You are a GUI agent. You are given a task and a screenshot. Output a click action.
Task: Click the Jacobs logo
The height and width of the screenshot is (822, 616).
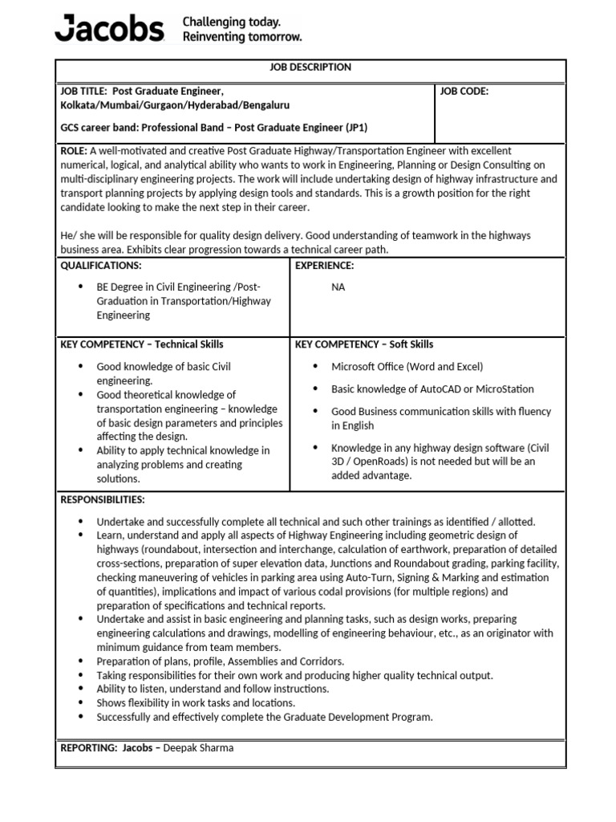pyautogui.click(x=108, y=29)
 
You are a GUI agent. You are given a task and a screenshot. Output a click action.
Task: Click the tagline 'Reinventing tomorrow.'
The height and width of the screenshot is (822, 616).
pyautogui.click(x=242, y=37)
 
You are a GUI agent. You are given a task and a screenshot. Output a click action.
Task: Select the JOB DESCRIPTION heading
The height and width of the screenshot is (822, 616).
pyautogui.click(x=310, y=67)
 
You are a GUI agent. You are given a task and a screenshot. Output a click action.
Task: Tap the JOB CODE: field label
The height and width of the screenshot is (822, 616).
pyautogui.click(x=464, y=92)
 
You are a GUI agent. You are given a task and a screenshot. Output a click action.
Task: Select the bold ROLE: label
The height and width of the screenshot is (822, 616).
pyautogui.click(x=75, y=151)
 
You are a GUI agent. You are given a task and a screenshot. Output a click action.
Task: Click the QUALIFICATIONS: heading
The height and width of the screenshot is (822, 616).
pyautogui.click(x=101, y=266)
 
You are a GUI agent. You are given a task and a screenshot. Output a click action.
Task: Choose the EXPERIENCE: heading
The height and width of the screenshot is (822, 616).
pyautogui.click(x=325, y=266)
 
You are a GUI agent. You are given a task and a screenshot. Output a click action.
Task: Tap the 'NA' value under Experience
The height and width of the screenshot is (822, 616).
pyautogui.click(x=338, y=287)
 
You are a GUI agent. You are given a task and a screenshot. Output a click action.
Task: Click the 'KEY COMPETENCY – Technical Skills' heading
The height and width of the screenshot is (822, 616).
pyautogui.click(x=142, y=344)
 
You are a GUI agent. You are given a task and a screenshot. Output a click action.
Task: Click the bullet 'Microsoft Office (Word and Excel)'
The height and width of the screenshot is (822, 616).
pyautogui.click(x=407, y=367)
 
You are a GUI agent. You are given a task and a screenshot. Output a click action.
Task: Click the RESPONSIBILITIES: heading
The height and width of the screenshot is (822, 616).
pyautogui.click(x=103, y=500)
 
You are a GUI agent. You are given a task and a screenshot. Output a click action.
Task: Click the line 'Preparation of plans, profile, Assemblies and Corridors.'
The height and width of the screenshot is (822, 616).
pyautogui.click(x=221, y=661)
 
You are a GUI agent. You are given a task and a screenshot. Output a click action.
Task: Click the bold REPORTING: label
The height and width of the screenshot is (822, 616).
pyautogui.click(x=89, y=748)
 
